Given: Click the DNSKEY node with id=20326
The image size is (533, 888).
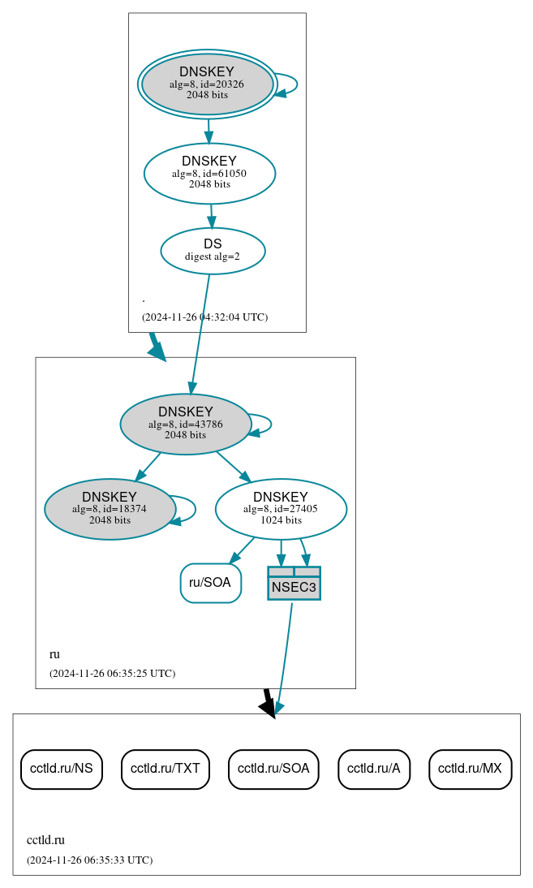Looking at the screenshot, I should pyautogui.click(x=207, y=84).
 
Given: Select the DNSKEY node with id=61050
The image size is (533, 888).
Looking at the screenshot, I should pyautogui.click(x=209, y=173).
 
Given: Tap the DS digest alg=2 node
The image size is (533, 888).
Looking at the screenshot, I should pyautogui.click(x=213, y=251).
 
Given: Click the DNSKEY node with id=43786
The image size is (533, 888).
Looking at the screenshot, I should pyautogui.click(x=185, y=424).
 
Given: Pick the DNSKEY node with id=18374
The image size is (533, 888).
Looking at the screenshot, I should pyautogui.click(x=110, y=509).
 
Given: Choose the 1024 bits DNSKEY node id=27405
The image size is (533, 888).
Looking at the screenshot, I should pyautogui.click(x=281, y=509).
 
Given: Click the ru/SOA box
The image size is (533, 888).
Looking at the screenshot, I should pyautogui.click(x=210, y=583).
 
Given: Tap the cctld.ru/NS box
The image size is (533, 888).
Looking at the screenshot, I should pyautogui.click(x=61, y=769).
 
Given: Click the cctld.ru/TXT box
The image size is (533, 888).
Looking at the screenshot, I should pyautogui.click(x=165, y=769).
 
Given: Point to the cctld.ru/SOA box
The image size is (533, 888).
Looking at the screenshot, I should pyautogui.click(x=273, y=769).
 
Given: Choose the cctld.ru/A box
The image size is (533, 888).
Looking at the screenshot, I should pyautogui.click(x=374, y=769).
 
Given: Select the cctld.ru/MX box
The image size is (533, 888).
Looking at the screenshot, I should pyautogui.click(x=470, y=769).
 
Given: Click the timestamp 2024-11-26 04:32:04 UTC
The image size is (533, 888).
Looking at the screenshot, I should pyautogui.click(x=204, y=317).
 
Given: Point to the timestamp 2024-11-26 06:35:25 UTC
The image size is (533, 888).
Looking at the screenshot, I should pyautogui.click(x=112, y=674).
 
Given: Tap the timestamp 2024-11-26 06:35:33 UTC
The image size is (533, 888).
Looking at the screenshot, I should pyautogui.click(x=89, y=860).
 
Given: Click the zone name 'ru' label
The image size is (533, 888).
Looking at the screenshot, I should pyautogui.click(x=54, y=654).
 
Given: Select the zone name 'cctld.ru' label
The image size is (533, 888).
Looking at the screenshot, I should pyautogui.click(x=45, y=840).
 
